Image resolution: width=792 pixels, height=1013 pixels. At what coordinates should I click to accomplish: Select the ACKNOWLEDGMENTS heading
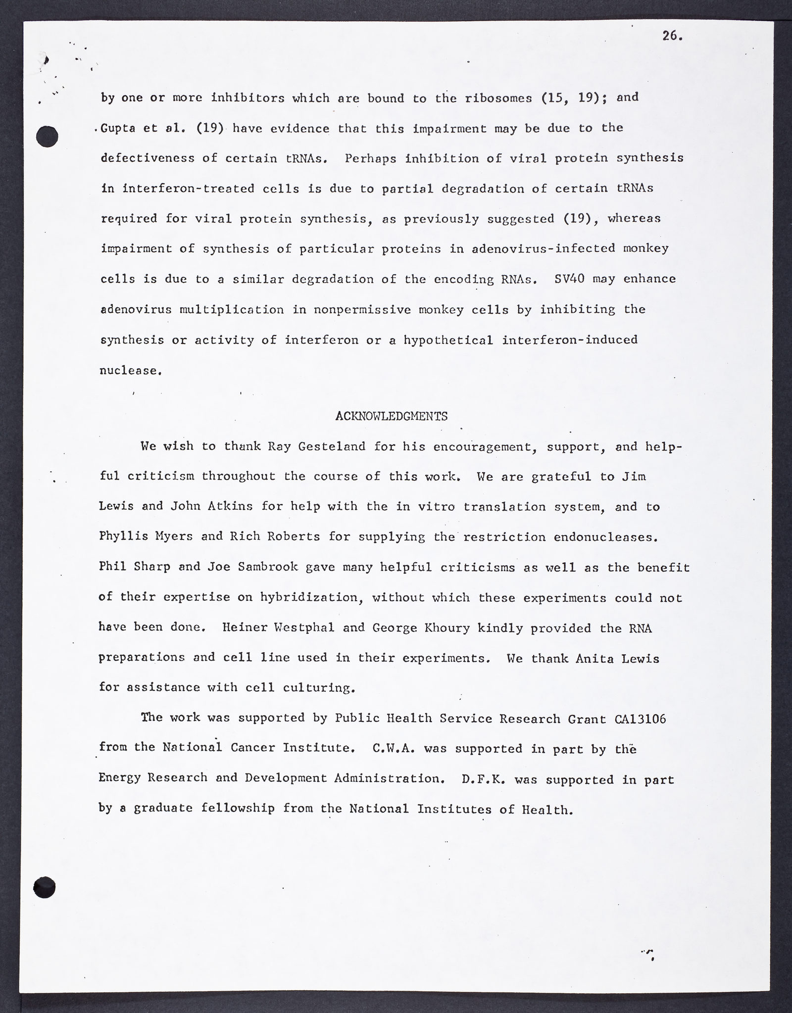[x=391, y=416]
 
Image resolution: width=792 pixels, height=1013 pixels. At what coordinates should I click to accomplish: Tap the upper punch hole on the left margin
[x=48, y=136]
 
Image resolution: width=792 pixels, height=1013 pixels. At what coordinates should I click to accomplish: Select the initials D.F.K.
[x=484, y=779]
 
